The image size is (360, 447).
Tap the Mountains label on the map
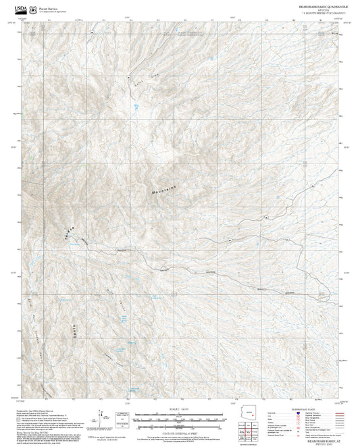pos(163,190)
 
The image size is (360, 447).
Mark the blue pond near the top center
pos(135,107)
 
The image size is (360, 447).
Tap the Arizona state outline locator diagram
pos(253,414)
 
